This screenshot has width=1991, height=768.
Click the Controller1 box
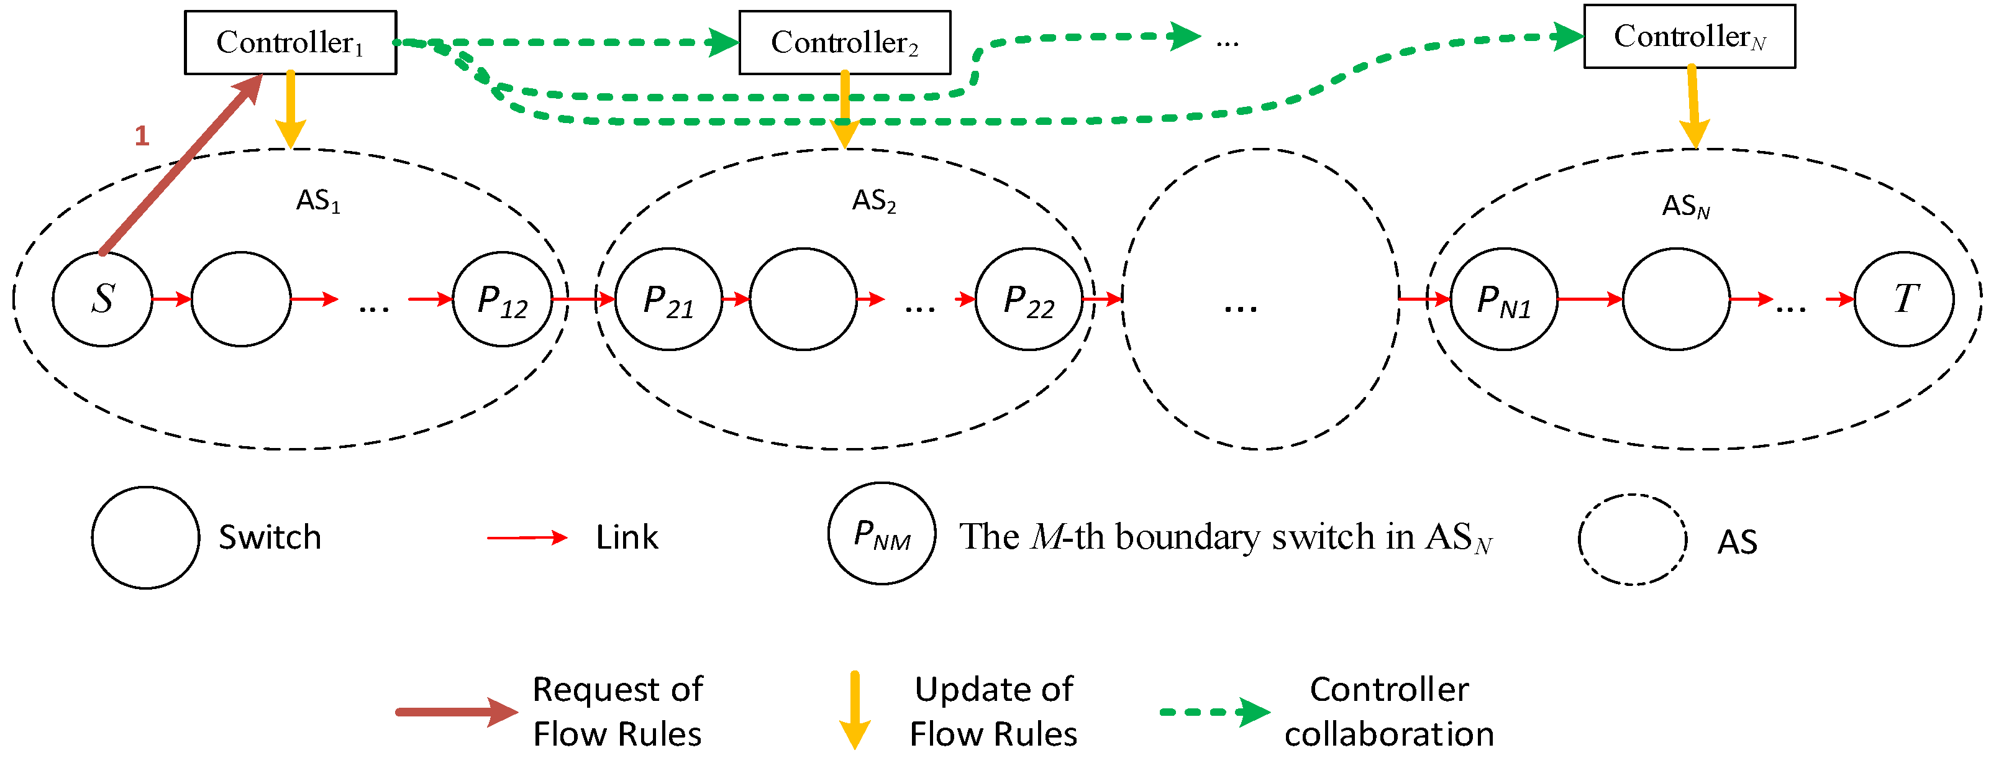[290, 42]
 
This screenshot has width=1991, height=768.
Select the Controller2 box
[844, 42]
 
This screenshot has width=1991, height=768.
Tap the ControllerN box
[1689, 37]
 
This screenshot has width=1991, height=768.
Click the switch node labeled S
[102, 298]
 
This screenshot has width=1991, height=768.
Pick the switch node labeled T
[1903, 298]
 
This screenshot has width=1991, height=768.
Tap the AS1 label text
[317, 201]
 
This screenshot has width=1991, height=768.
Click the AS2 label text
[873, 201]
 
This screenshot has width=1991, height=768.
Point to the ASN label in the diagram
[1685, 206]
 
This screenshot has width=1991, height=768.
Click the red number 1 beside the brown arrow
[142, 136]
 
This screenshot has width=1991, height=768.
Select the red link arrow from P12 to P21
[583, 298]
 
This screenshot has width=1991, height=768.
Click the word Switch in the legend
[270, 537]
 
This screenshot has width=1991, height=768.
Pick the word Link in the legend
[627, 537]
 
